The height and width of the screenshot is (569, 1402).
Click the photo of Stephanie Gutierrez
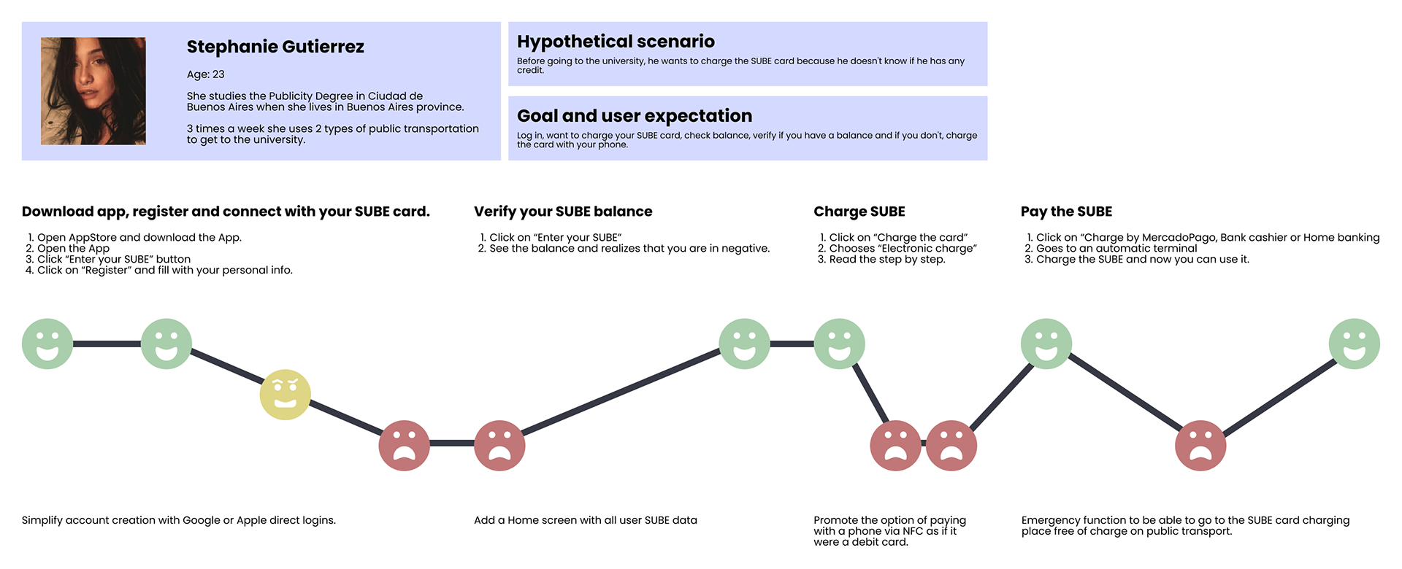coord(93,91)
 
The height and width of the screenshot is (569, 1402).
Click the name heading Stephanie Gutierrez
coord(275,47)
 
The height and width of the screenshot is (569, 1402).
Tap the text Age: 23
coord(205,74)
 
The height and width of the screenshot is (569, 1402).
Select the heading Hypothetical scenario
coord(616,42)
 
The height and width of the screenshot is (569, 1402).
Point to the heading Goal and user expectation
coord(634,116)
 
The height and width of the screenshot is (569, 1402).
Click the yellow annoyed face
coord(286,395)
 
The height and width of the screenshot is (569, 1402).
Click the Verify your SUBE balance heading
coord(563,212)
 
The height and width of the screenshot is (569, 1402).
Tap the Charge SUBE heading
coord(859,212)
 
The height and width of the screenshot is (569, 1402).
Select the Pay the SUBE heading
coord(1066,212)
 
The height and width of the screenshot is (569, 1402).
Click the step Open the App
coord(73,248)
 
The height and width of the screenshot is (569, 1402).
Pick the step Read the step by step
coord(886,259)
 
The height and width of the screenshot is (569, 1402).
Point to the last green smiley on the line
coord(1354,344)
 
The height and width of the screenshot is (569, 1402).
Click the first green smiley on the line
coord(47,344)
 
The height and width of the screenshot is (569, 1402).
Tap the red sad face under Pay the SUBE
coord(1200,445)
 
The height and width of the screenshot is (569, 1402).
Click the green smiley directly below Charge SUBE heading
coord(839,344)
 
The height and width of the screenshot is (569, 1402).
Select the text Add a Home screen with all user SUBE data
coord(585,520)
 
